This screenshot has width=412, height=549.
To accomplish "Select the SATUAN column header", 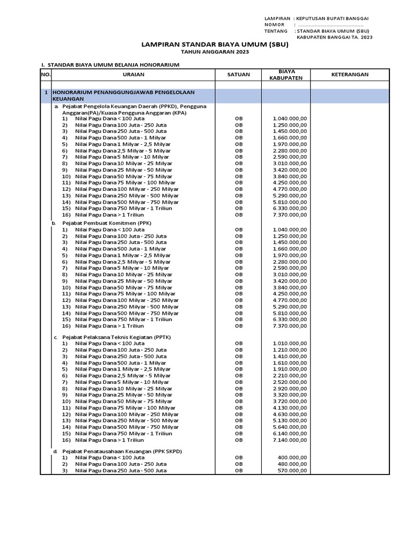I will click(x=238, y=75).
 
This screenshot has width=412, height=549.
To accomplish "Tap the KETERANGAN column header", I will click(x=349, y=75).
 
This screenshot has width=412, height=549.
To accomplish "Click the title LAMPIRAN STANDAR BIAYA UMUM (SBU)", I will click(x=215, y=45).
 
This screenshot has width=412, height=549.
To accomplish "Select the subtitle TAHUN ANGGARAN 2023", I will click(x=215, y=53).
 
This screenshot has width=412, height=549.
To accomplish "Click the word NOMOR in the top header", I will click(x=274, y=25).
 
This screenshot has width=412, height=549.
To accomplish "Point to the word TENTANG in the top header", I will click(x=276, y=31).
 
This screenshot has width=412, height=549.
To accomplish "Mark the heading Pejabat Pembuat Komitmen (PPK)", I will click(x=107, y=222).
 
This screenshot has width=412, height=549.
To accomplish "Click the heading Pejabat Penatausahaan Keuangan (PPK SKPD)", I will click(x=122, y=451).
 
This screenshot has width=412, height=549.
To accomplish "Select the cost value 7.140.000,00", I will click(x=290, y=440).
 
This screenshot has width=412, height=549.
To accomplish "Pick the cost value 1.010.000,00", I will click(x=290, y=343).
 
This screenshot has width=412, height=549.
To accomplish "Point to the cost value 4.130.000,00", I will click(x=290, y=407).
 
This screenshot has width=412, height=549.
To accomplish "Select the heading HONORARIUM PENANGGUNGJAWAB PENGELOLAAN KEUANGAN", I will click(x=128, y=96).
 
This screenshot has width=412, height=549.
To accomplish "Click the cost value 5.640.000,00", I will click(x=290, y=427).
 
